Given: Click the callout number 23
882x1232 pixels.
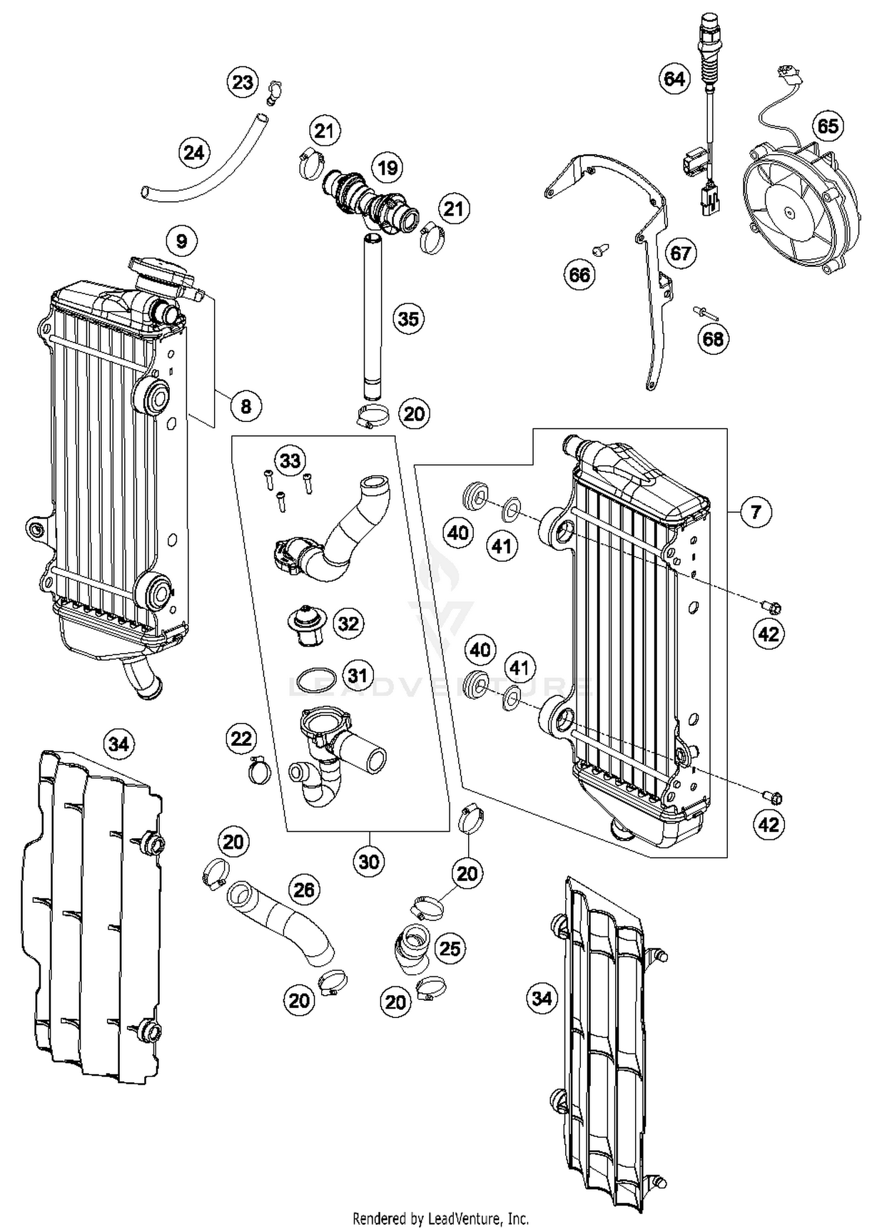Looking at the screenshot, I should pyautogui.click(x=242, y=82).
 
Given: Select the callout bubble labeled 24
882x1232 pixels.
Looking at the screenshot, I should pyautogui.click(x=194, y=153).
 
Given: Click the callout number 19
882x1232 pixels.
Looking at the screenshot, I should pyautogui.click(x=387, y=168).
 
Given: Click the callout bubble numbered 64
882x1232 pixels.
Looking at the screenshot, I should pyautogui.click(x=674, y=78).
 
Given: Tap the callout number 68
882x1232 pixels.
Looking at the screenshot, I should pyautogui.click(x=713, y=339).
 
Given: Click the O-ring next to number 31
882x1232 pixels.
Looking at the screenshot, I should pyautogui.click(x=316, y=681).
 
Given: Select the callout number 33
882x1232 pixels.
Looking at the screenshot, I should pyautogui.click(x=290, y=460).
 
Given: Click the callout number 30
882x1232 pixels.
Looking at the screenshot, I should pyautogui.click(x=369, y=862).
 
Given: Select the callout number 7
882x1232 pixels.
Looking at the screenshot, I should pyautogui.click(x=756, y=512).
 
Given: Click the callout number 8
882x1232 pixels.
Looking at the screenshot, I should pyautogui.click(x=246, y=406).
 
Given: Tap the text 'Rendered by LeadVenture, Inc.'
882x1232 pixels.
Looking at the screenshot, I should pyautogui.click(x=440, y=1218).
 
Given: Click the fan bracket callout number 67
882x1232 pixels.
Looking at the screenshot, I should pyautogui.click(x=680, y=253).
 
